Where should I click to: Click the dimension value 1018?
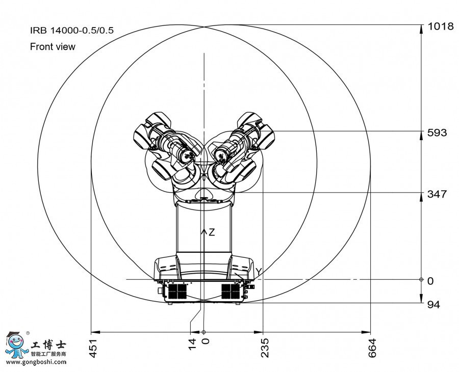tap(441, 26)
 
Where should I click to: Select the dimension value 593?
tap(438, 133)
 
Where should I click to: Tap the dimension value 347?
tap(438, 194)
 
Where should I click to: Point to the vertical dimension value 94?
tap(434, 305)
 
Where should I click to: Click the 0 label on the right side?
tap(430, 281)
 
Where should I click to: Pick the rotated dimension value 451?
tap(93, 348)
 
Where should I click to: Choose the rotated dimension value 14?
tap(192, 344)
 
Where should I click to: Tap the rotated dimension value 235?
tap(265, 348)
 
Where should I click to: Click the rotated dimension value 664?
tap(372, 348)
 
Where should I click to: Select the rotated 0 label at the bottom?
tap(206, 341)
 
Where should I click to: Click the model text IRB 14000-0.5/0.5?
tap(72, 31)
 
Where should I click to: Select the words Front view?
tap(53, 46)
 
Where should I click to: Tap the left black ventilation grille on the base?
tap(177, 291)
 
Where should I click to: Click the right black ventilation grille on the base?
tap(231, 291)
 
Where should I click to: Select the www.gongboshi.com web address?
tap(36, 362)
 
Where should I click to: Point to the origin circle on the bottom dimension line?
tap(203, 332)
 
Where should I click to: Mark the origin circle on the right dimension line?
tap(421, 279)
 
